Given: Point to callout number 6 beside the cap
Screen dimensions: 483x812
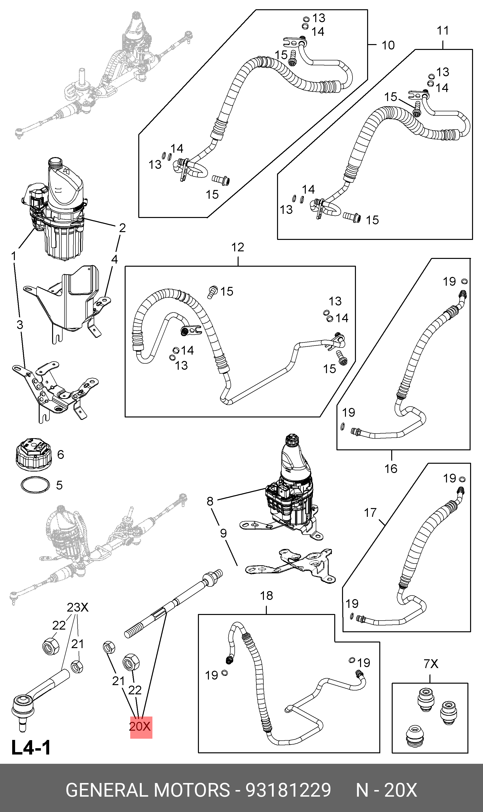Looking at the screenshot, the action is click(x=61, y=454).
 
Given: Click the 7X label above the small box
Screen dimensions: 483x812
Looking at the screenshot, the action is click(x=431, y=663).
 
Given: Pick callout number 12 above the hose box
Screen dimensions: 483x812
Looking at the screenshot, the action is click(x=238, y=247).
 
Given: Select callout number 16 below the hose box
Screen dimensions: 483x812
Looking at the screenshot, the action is click(x=391, y=469).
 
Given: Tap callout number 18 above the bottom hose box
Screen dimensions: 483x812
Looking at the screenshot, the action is click(x=267, y=596).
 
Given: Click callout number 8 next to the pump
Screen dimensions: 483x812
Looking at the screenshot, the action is click(x=210, y=501).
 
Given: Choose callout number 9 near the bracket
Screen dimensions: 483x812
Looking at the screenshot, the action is click(x=223, y=533).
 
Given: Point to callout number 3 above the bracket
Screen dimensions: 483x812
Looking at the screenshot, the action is click(x=20, y=325).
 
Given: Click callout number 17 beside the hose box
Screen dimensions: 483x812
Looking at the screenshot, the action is click(x=370, y=513).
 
